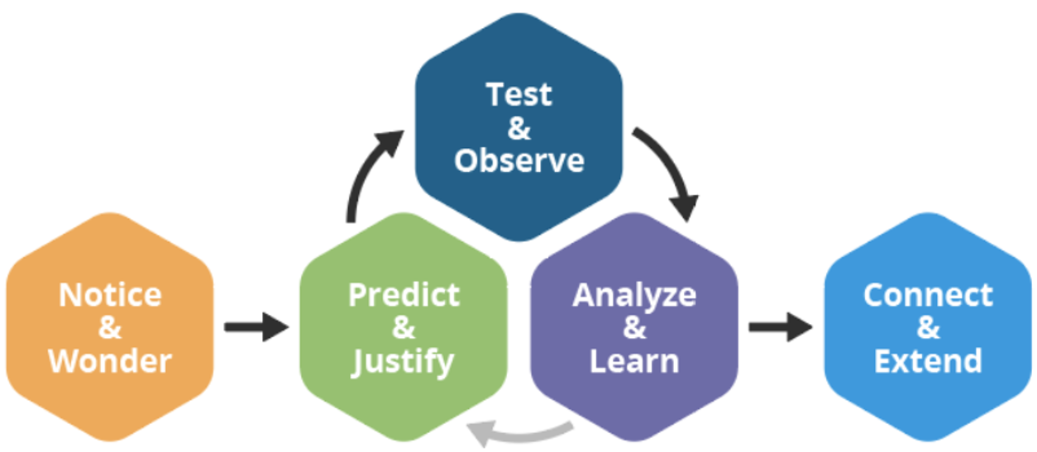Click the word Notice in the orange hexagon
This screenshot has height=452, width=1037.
coord(110,295)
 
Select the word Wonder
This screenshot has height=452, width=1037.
coord(110,361)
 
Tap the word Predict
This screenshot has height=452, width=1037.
coord(404,295)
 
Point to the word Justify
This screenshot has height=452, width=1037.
coord(404,361)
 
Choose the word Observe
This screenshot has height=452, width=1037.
coord(518,160)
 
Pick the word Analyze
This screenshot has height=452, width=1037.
coord(634,295)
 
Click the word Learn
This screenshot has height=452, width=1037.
coord(634,361)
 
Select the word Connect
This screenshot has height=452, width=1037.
coord(928,295)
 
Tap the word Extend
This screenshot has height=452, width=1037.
coord(928,361)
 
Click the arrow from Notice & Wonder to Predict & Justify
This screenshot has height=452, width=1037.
coord(256,327)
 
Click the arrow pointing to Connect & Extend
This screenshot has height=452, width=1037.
coord(780,327)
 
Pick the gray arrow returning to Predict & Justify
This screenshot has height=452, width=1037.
coord(521,431)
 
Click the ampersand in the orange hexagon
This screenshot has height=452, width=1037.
coord(110,328)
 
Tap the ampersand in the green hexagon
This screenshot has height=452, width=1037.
coord(404,328)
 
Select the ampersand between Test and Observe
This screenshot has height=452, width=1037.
coord(518,128)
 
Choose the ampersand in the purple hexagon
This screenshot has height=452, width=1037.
coord(634,328)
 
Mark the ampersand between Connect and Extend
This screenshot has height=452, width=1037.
coord(928,328)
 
